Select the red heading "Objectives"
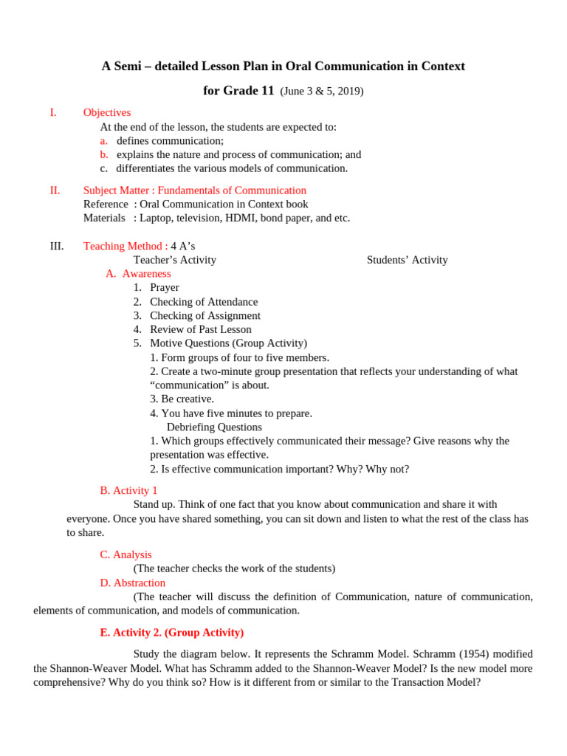(x=107, y=113)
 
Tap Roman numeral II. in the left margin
(x=55, y=190)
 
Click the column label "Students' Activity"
(x=407, y=260)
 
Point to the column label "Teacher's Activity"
(x=174, y=260)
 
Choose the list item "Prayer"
(x=164, y=288)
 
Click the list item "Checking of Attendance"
(x=204, y=302)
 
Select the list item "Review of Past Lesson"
(x=200, y=329)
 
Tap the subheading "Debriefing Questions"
(x=214, y=427)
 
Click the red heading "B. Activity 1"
(x=128, y=490)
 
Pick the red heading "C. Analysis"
(x=126, y=554)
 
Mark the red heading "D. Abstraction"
(x=132, y=583)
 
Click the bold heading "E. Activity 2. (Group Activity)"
(x=171, y=633)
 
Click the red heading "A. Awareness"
(x=138, y=274)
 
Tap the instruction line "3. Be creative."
(x=182, y=399)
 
